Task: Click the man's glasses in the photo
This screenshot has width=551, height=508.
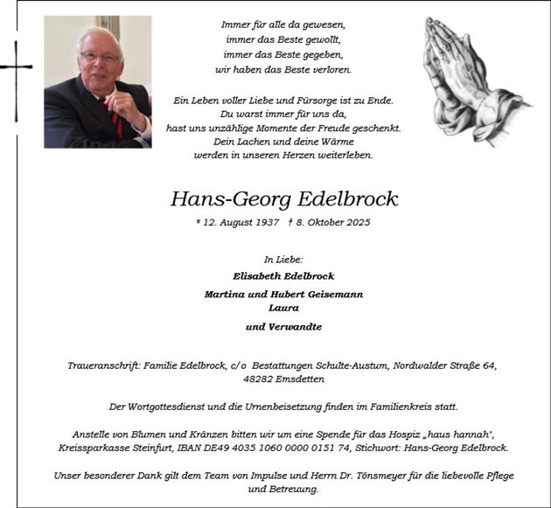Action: pos(99,57)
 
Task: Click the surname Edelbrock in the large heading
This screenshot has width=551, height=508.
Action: pos(342,199)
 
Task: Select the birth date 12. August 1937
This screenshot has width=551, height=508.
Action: pos(238,222)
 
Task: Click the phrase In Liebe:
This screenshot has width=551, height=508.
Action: pos(283,260)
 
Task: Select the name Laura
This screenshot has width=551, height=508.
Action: pos(284,308)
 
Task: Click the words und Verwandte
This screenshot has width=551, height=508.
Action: pos(283,326)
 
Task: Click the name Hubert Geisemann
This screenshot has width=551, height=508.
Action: pos(319,295)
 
